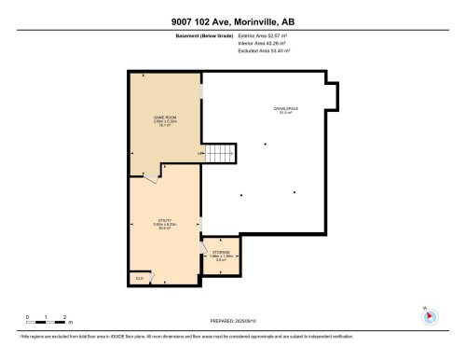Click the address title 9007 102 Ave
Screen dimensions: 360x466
[232, 21]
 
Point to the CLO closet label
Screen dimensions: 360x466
[139, 277]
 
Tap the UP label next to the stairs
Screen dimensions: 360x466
[199, 154]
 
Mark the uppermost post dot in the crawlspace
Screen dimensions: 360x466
[266, 143]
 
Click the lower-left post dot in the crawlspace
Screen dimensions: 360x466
[241, 195]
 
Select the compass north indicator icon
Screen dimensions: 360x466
[430, 316]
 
